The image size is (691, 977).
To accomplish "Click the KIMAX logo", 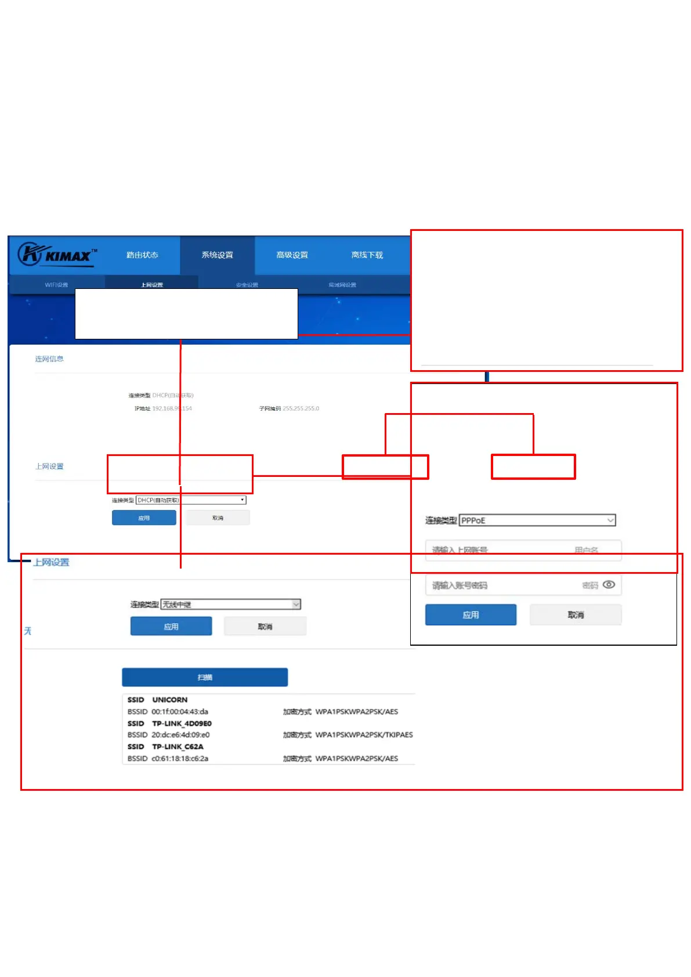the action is coord(56,255).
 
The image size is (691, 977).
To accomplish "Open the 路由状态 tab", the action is coord(142,255).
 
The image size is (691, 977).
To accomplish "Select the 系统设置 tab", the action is coord(217,255).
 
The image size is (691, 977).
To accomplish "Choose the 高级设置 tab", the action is coord(292,255).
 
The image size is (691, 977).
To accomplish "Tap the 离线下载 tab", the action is coord(367,255).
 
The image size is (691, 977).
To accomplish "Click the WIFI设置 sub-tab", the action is coord(56,285).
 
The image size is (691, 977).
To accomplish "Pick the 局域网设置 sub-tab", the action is coord(342,285).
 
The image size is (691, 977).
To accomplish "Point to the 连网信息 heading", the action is coord(49,359).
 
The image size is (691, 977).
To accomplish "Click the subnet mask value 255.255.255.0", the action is coord(301,408).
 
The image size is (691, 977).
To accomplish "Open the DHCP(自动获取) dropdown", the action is coord(191,500).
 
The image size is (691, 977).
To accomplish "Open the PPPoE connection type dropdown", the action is coord(537,520).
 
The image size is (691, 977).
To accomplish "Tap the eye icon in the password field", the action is coord(609,585).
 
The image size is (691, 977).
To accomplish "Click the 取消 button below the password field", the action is coord(576,615).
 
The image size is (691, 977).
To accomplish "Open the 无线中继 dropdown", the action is coord(231,605).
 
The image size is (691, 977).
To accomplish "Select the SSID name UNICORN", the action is coord(169,700).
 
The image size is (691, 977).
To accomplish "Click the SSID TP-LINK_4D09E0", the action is coord(182,723).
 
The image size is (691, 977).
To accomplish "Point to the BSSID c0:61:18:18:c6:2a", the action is coord(180,758).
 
